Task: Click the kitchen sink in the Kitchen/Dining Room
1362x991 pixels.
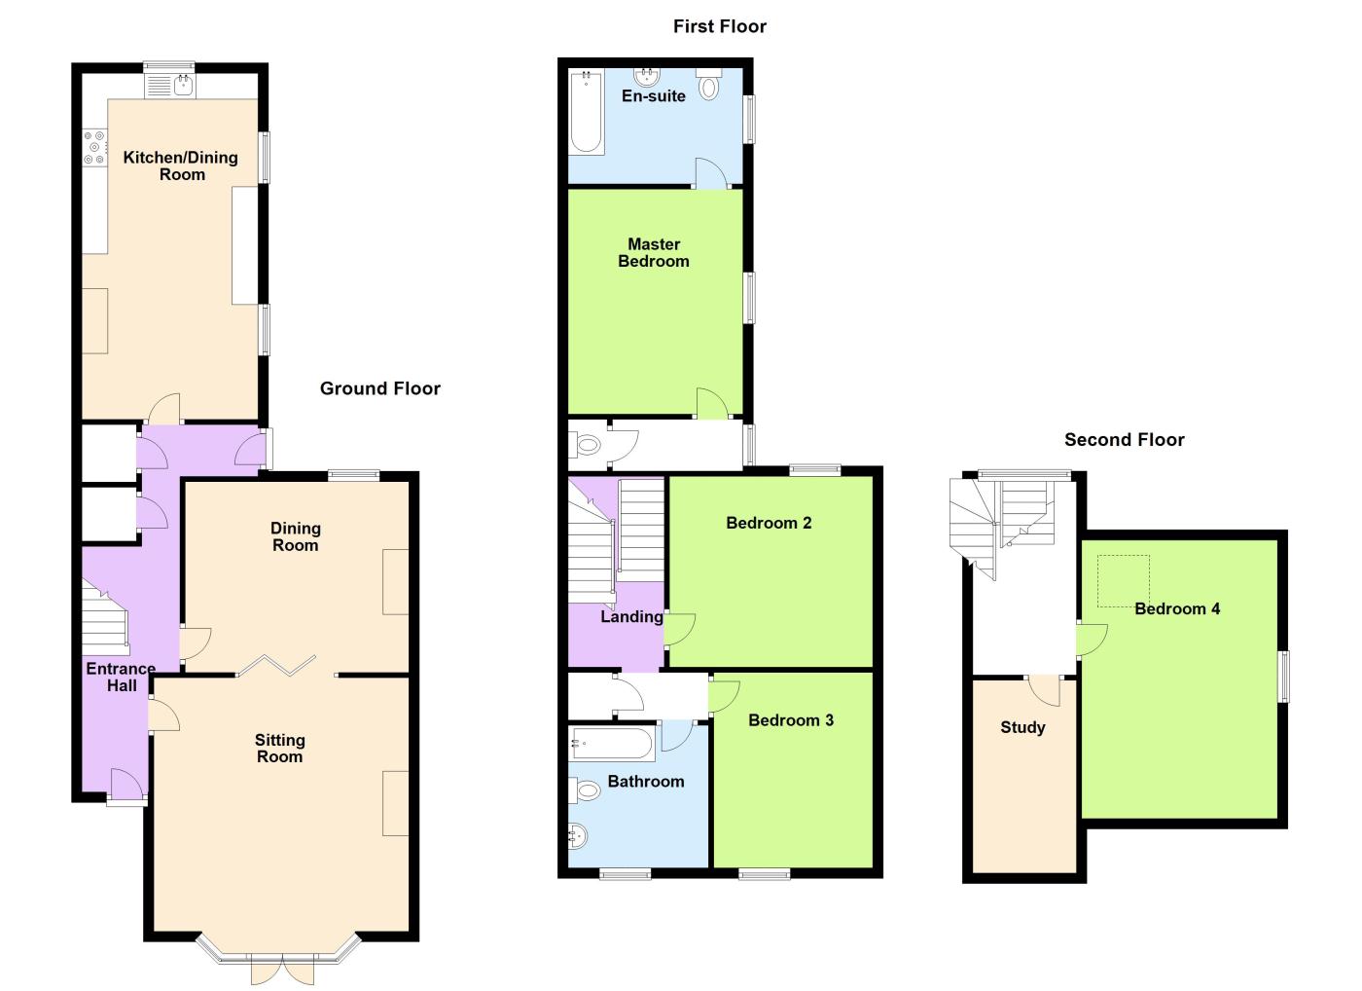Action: tap(170, 86)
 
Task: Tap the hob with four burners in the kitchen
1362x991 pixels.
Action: tap(95, 147)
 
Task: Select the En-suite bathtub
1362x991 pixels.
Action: tap(587, 112)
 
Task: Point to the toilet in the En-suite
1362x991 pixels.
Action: tap(708, 85)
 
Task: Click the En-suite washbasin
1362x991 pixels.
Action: tap(647, 77)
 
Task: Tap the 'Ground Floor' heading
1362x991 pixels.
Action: tap(380, 388)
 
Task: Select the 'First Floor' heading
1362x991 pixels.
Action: tap(720, 26)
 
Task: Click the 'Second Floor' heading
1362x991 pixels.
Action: tap(1125, 440)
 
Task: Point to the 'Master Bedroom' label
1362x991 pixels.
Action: tap(654, 253)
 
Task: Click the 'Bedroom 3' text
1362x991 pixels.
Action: tap(790, 720)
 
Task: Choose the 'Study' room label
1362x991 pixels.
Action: tap(1022, 727)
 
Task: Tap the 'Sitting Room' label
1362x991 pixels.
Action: tap(280, 749)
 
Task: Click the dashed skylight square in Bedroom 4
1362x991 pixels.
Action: tap(1123, 581)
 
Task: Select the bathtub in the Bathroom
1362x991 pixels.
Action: tap(612, 743)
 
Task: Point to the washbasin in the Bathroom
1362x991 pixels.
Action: tap(579, 836)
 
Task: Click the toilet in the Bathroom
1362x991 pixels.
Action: tap(585, 790)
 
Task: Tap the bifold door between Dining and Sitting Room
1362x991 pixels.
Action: tap(276, 665)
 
